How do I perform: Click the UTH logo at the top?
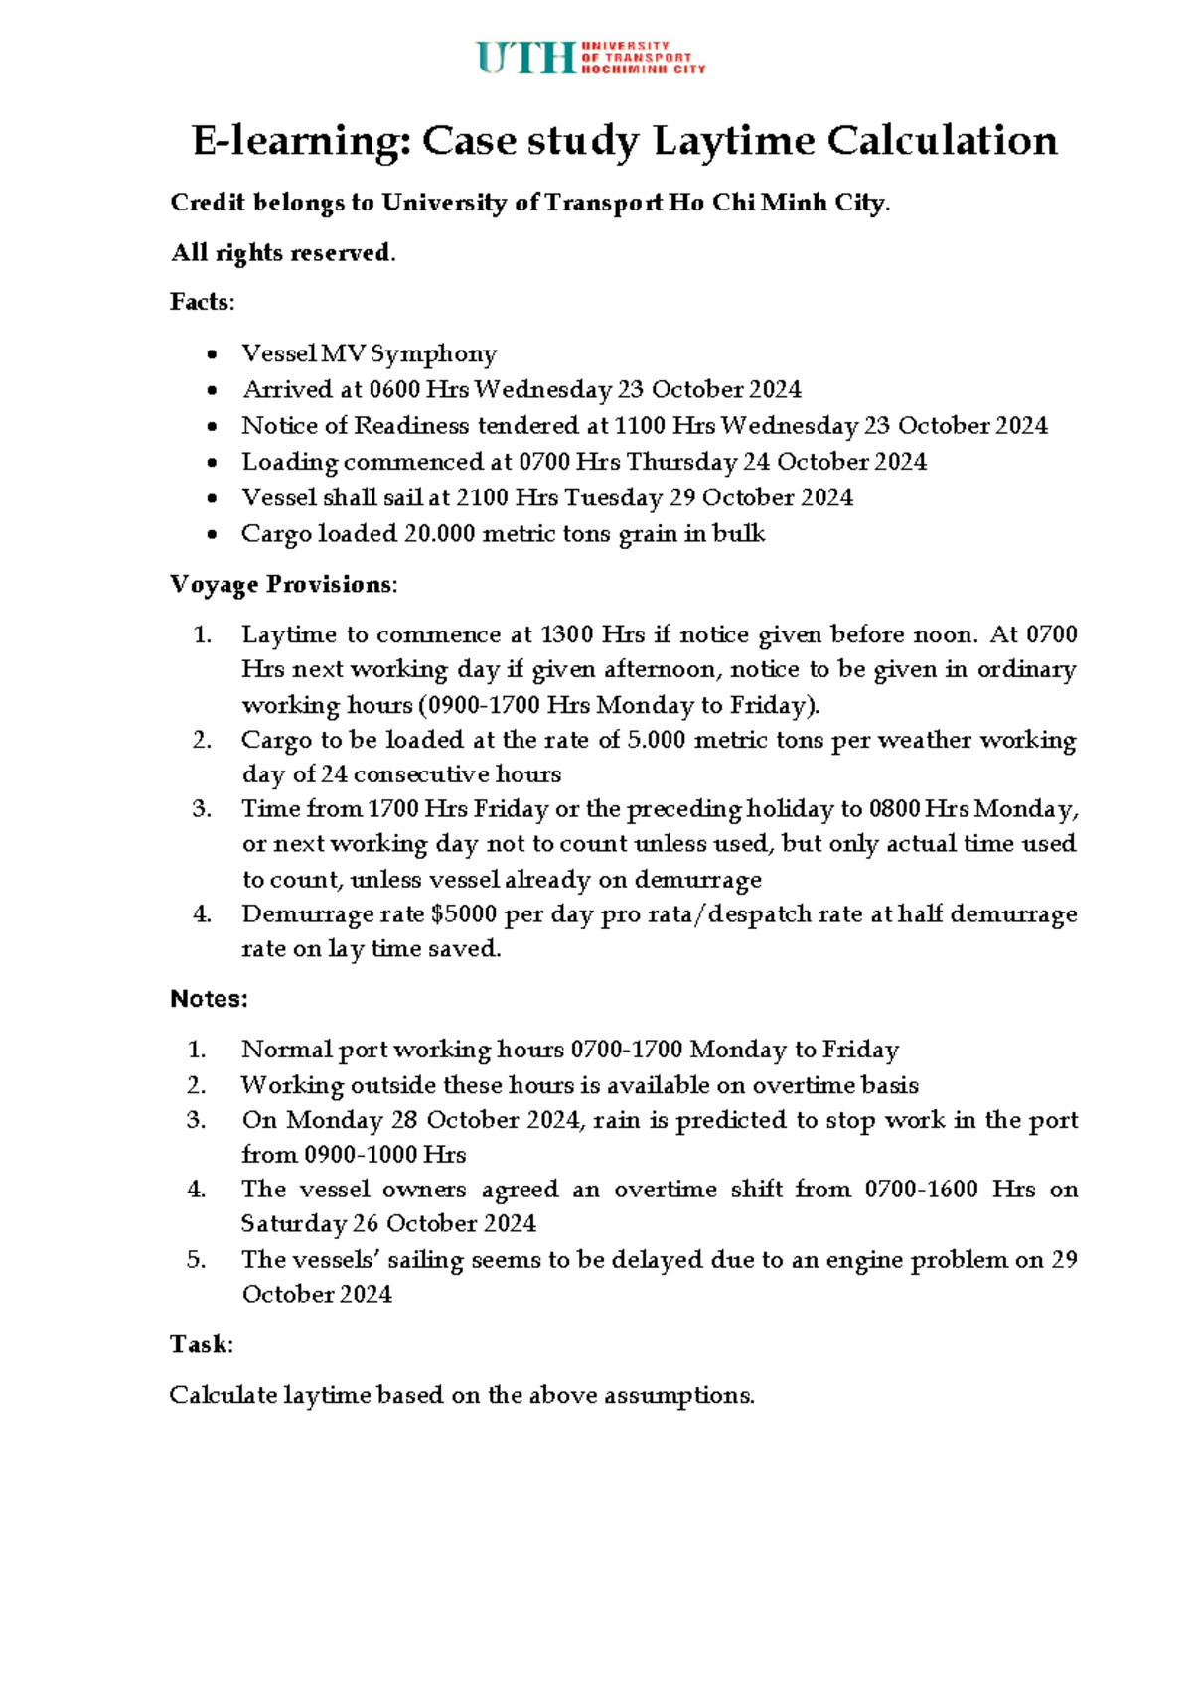click(x=590, y=58)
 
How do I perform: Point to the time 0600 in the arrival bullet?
click(x=393, y=390)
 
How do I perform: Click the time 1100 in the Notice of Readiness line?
click(x=640, y=426)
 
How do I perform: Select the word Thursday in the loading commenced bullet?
click(x=682, y=462)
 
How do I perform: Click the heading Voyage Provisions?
click(x=281, y=584)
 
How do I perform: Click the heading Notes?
click(x=209, y=999)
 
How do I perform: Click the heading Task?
click(x=199, y=1344)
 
